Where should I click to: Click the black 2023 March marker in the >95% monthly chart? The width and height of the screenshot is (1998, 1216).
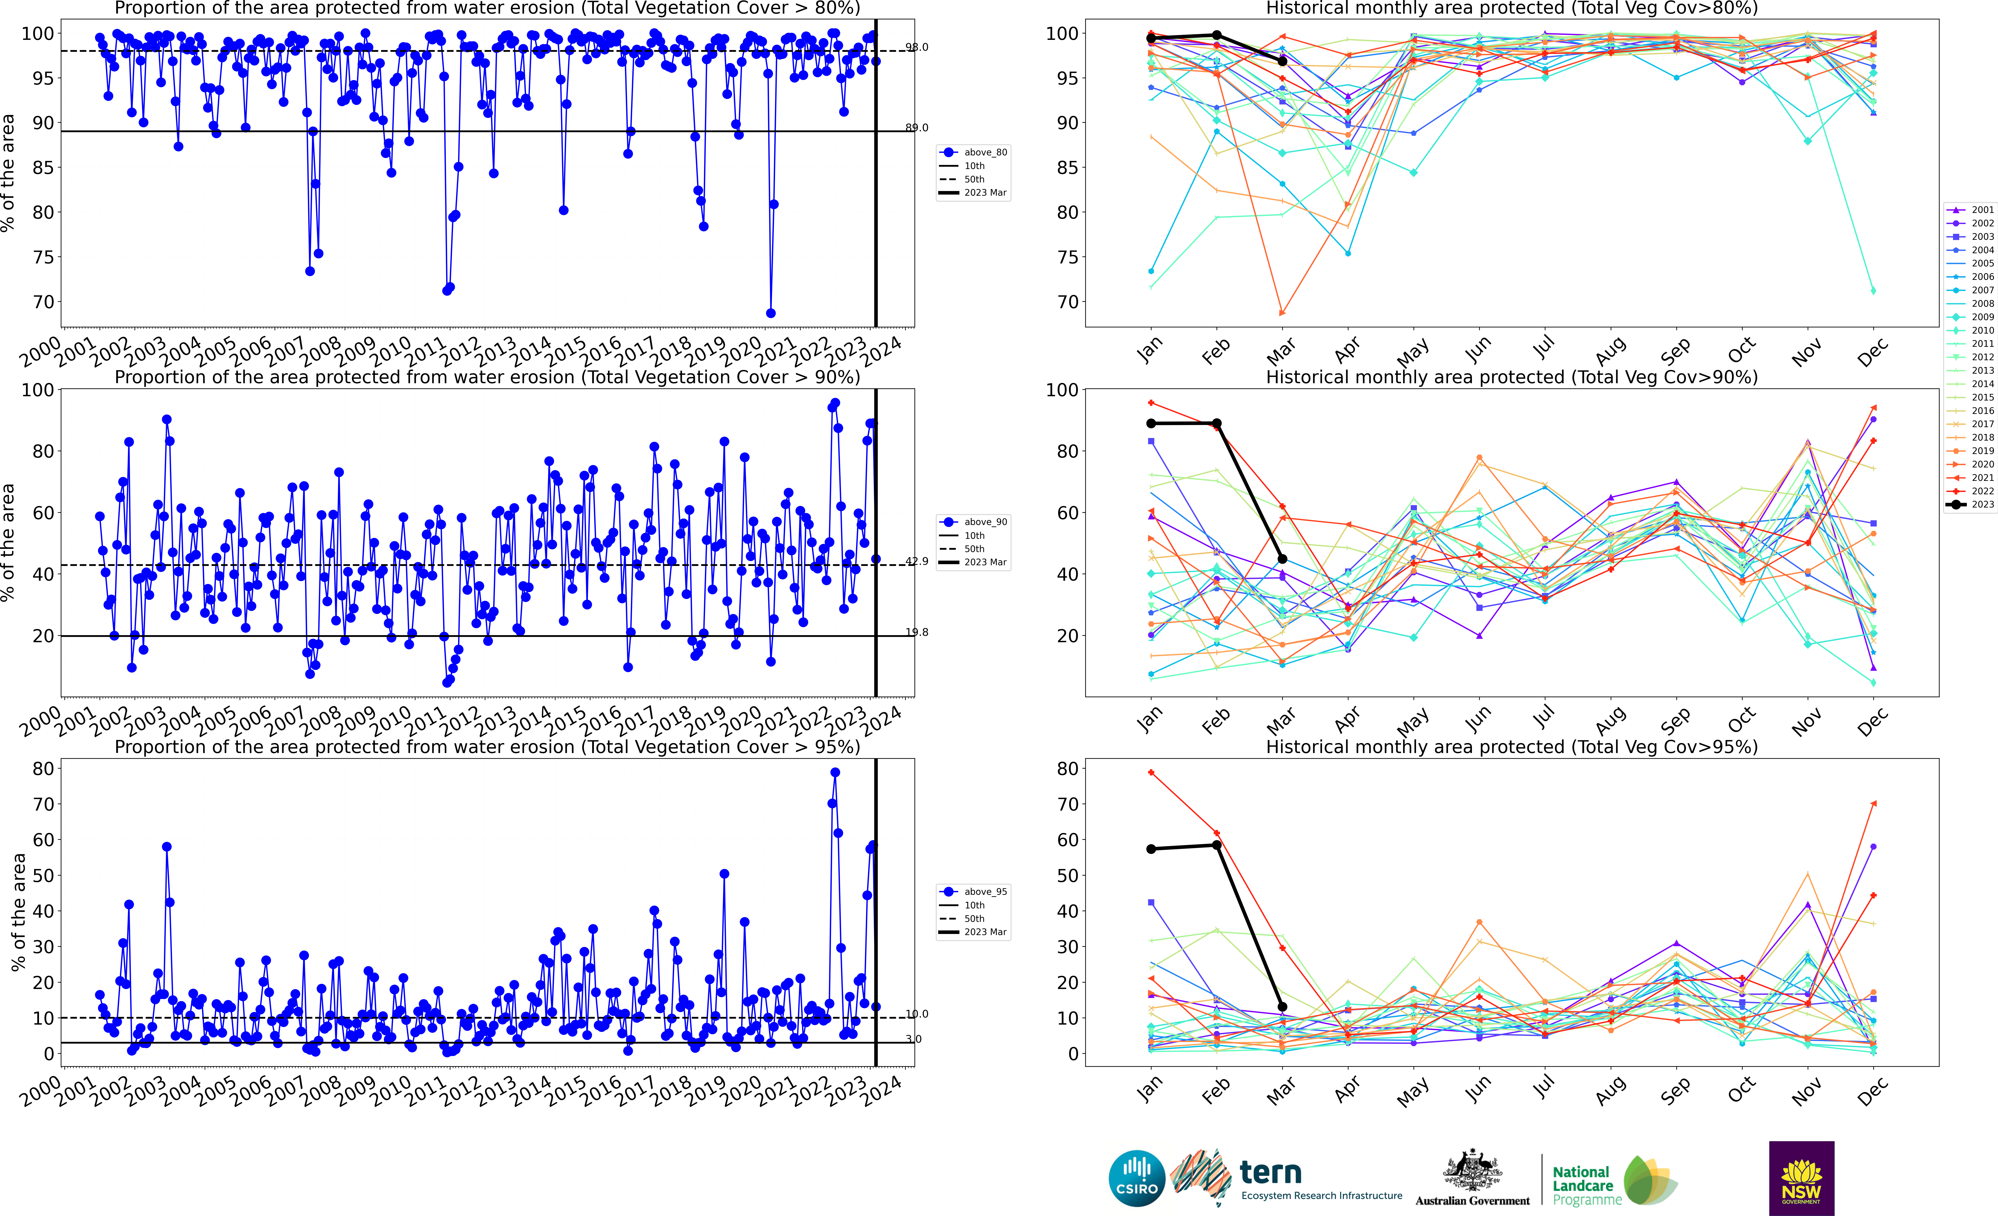1282,1007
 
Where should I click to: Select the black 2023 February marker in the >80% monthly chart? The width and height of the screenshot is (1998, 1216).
1216,35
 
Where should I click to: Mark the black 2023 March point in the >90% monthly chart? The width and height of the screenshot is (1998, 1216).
1282,558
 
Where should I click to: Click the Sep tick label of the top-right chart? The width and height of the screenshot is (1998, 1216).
1675,351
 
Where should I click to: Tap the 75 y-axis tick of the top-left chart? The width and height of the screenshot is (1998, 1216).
42,257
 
